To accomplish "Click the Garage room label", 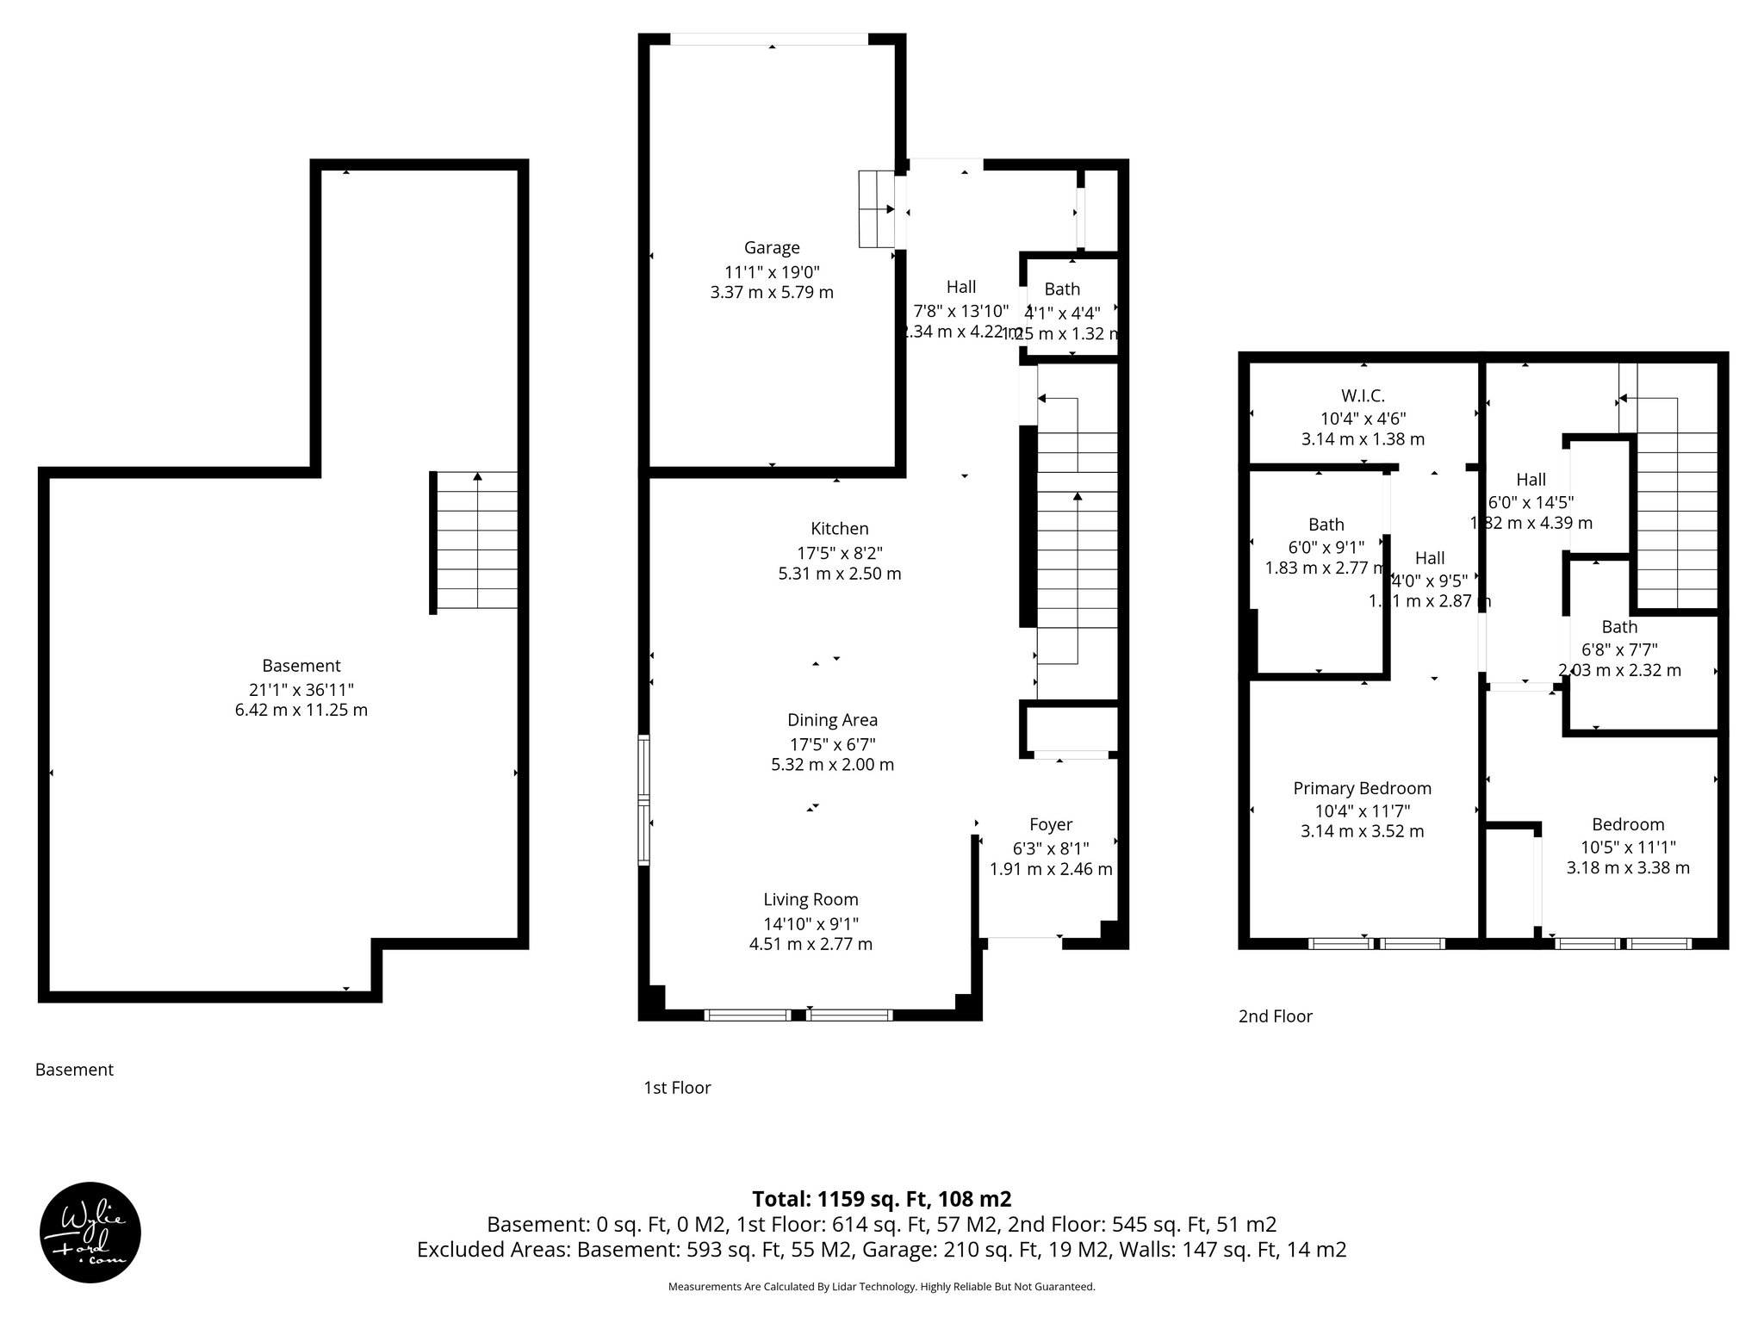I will [772, 248].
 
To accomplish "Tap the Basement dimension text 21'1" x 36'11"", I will [301, 688].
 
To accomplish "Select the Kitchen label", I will [839, 529].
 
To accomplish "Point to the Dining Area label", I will [832, 720].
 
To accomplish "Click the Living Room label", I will [811, 899].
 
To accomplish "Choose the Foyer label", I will [1051, 824].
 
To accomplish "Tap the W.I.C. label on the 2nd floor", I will [1363, 396].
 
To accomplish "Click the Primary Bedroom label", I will [1362, 788].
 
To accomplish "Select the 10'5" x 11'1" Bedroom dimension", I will [1627, 847].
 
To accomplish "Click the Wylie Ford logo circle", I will [90, 1232].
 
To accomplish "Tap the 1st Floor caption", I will [677, 1088].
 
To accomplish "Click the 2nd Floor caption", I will [1275, 1016].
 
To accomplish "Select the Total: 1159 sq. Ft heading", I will [881, 1199].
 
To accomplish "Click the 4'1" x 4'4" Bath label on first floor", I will [1062, 313].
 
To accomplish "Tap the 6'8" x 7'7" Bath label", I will [1619, 649].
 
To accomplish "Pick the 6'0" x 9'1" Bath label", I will [1326, 546].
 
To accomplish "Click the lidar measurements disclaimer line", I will [881, 1287].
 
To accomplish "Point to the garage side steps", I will [877, 209].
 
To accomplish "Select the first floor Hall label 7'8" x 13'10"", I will [960, 309].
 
